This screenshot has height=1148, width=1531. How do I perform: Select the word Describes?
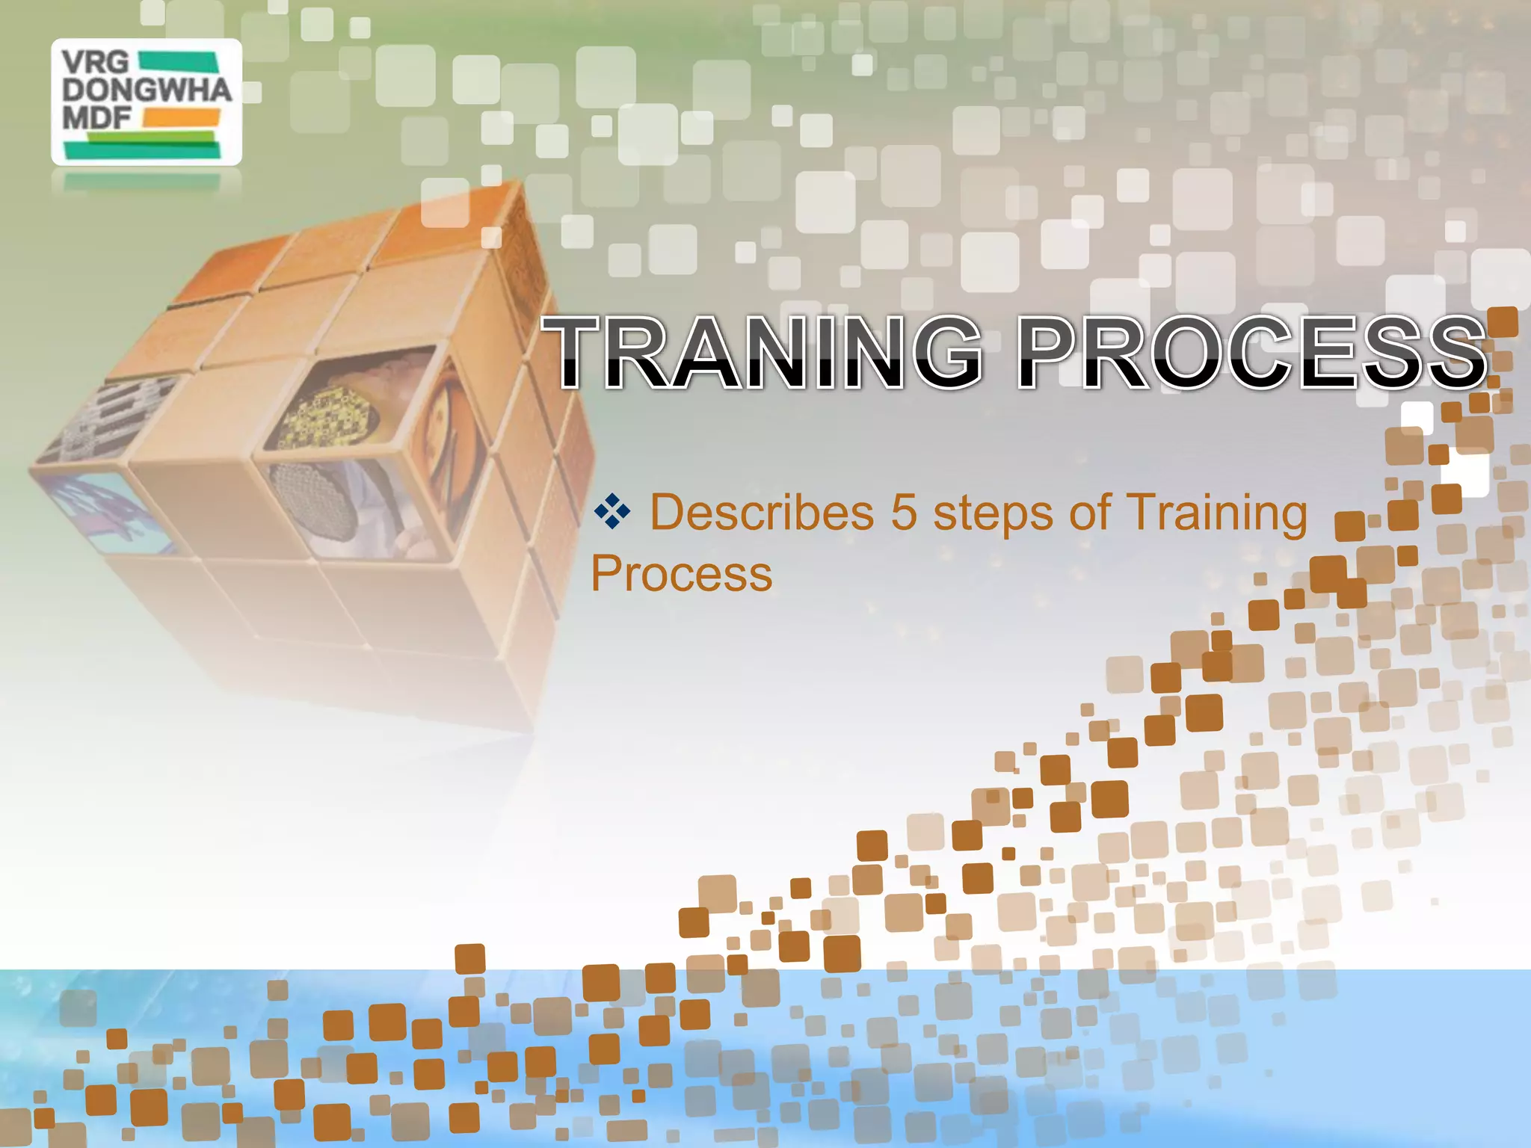point(761,513)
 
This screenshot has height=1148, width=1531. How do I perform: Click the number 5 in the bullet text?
point(903,513)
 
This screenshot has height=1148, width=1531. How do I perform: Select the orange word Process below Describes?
point(681,574)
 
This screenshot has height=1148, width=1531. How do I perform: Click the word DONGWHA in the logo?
point(147,90)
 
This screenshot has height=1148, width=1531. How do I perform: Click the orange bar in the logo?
point(181,117)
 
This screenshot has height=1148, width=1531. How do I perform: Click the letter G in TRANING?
point(941,352)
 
